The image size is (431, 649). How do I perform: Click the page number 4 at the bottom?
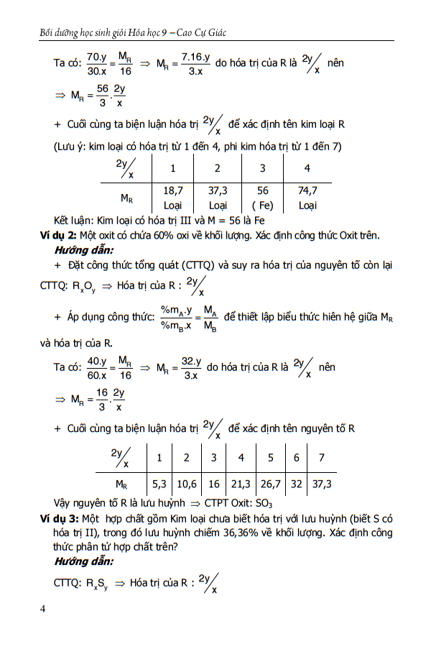(43, 609)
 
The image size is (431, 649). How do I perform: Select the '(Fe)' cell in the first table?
(263, 206)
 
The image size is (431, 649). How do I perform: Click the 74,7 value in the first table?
(307, 191)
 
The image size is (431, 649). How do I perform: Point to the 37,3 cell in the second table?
(321, 484)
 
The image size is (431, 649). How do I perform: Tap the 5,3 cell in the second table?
(159, 484)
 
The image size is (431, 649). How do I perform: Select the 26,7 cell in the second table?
(270, 484)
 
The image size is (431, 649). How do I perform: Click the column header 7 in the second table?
(321, 458)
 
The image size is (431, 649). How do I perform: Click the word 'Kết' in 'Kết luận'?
(63, 220)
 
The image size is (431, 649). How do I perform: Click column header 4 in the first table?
(307, 168)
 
